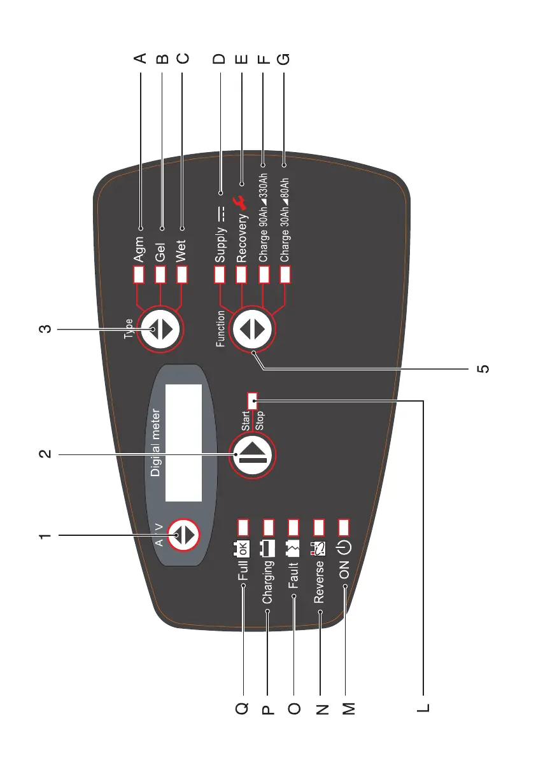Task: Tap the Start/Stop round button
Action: coord(251,454)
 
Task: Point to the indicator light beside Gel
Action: coord(161,274)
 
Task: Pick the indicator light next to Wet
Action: coord(182,274)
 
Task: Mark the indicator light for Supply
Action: coord(220,274)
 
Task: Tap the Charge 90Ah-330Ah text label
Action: coord(263,217)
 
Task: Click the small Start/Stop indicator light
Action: coord(252,400)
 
